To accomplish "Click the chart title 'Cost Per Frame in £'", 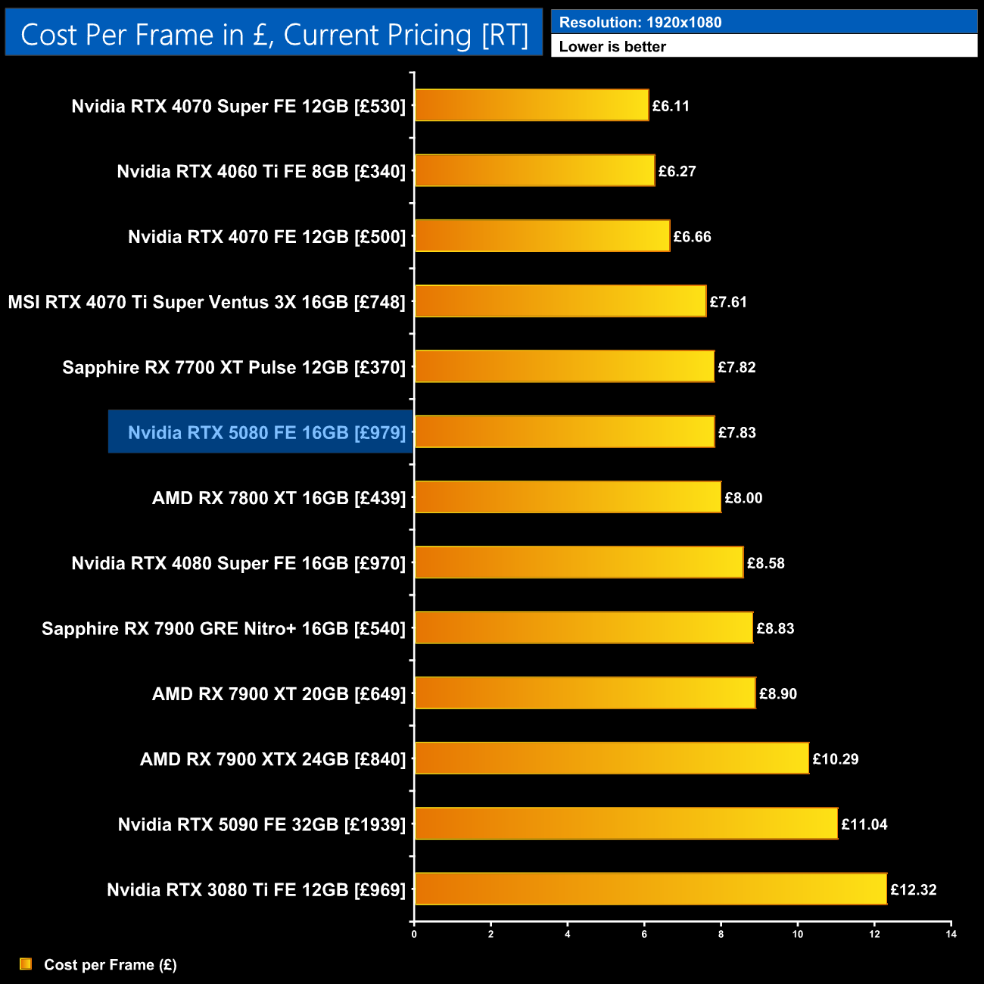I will tap(274, 35).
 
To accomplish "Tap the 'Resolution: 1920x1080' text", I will tap(640, 23).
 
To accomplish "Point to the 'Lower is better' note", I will tap(612, 47).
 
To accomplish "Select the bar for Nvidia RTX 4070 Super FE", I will tap(531, 105).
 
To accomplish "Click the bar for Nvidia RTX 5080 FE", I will tap(565, 431).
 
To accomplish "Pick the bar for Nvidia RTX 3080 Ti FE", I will tap(651, 889).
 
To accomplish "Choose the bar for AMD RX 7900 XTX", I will tap(612, 758).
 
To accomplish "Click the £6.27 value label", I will tap(677, 171).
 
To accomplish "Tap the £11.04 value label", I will tap(864, 824).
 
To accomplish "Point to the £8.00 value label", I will tap(743, 498).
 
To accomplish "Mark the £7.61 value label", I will tap(728, 302).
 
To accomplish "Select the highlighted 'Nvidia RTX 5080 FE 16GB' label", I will tap(266, 432).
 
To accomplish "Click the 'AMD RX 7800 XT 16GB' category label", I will tap(279, 498).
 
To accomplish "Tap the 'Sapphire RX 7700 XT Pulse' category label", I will tap(234, 367).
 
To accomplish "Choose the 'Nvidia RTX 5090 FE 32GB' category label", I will tap(262, 824).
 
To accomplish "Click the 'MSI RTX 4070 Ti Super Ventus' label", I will tap(207, 302).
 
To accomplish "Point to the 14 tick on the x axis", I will tap(951, 934).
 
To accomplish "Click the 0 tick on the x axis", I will tap(414, 934).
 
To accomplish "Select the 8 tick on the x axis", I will tap(721, 934).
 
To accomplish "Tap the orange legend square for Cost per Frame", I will tap(26, 964).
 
